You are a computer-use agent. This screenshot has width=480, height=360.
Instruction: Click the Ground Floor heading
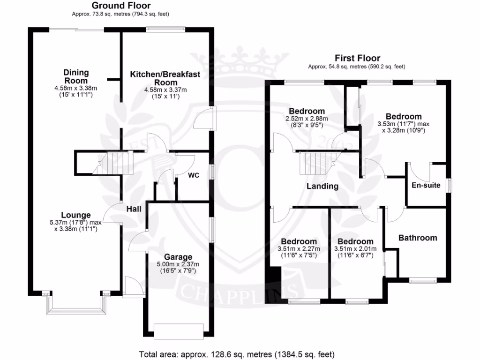coord(120,6)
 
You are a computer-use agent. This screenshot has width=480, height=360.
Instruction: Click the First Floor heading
coord(357,59)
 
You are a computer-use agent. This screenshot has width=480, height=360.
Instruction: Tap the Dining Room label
coord(76,77)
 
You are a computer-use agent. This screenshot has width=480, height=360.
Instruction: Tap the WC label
coord(194,175)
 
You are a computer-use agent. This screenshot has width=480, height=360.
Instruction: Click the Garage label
coord(178,257)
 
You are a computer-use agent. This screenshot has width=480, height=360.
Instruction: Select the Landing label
coord(322,186)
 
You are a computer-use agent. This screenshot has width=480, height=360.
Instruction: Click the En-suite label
coord(426,185)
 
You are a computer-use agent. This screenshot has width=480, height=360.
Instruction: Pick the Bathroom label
coord(417,238)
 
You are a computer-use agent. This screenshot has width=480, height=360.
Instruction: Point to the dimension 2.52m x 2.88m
coord(307,119)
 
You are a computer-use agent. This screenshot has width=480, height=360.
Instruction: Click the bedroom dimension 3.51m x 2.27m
coord(299,249)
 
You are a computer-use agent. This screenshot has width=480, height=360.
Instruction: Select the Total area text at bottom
coord(237,354)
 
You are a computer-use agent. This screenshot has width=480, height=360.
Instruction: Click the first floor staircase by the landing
coord(316,163)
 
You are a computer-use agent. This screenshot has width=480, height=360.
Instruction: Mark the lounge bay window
coord(75,305)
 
